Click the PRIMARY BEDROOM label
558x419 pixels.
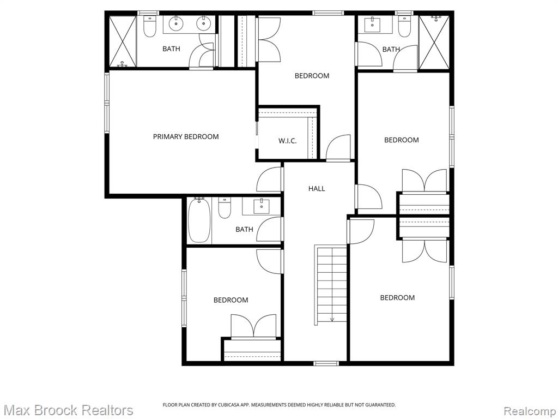click(186, 136)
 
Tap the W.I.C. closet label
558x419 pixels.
click(287, 141)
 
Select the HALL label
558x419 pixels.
click(317, 188)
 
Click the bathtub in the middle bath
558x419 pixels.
click(199, 221)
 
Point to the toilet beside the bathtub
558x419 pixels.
click(225, 208)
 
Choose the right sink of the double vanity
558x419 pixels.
click(204, 23)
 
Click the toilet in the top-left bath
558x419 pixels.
click(150, 26)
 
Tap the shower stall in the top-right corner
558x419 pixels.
click(434, 43)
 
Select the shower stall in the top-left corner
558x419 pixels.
click(122, 41)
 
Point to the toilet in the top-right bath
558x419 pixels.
click(404, 27)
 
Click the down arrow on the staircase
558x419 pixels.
click(332, 319)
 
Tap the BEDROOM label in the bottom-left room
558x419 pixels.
click(231, 300)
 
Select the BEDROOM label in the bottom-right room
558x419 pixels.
click(397, 297)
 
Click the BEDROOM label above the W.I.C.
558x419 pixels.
click(312, 76)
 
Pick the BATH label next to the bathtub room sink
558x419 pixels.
click(244, 229)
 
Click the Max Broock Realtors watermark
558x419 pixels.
click(68, 410)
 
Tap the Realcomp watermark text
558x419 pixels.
click(529, 410)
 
